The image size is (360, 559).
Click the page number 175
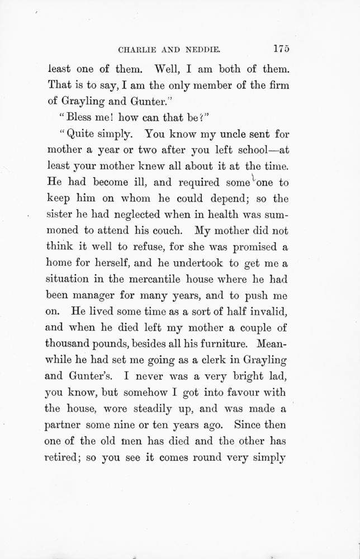pyautogui.click(x=278, y=49)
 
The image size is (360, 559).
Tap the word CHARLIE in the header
pyautogui.click(x=140, y=49)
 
